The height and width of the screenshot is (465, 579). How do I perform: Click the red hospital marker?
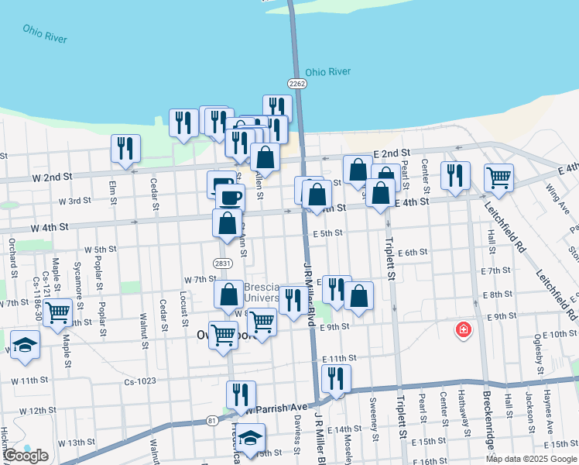coord(464,330)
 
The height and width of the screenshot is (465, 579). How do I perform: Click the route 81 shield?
coord(212,421)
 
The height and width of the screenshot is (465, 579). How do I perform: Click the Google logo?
coord(26,456)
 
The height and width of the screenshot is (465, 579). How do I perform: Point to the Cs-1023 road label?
coord(140,381)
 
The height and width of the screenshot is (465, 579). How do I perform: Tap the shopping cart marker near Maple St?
coord(58,312)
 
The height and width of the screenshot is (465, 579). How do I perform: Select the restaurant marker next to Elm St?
coord(125,148)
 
